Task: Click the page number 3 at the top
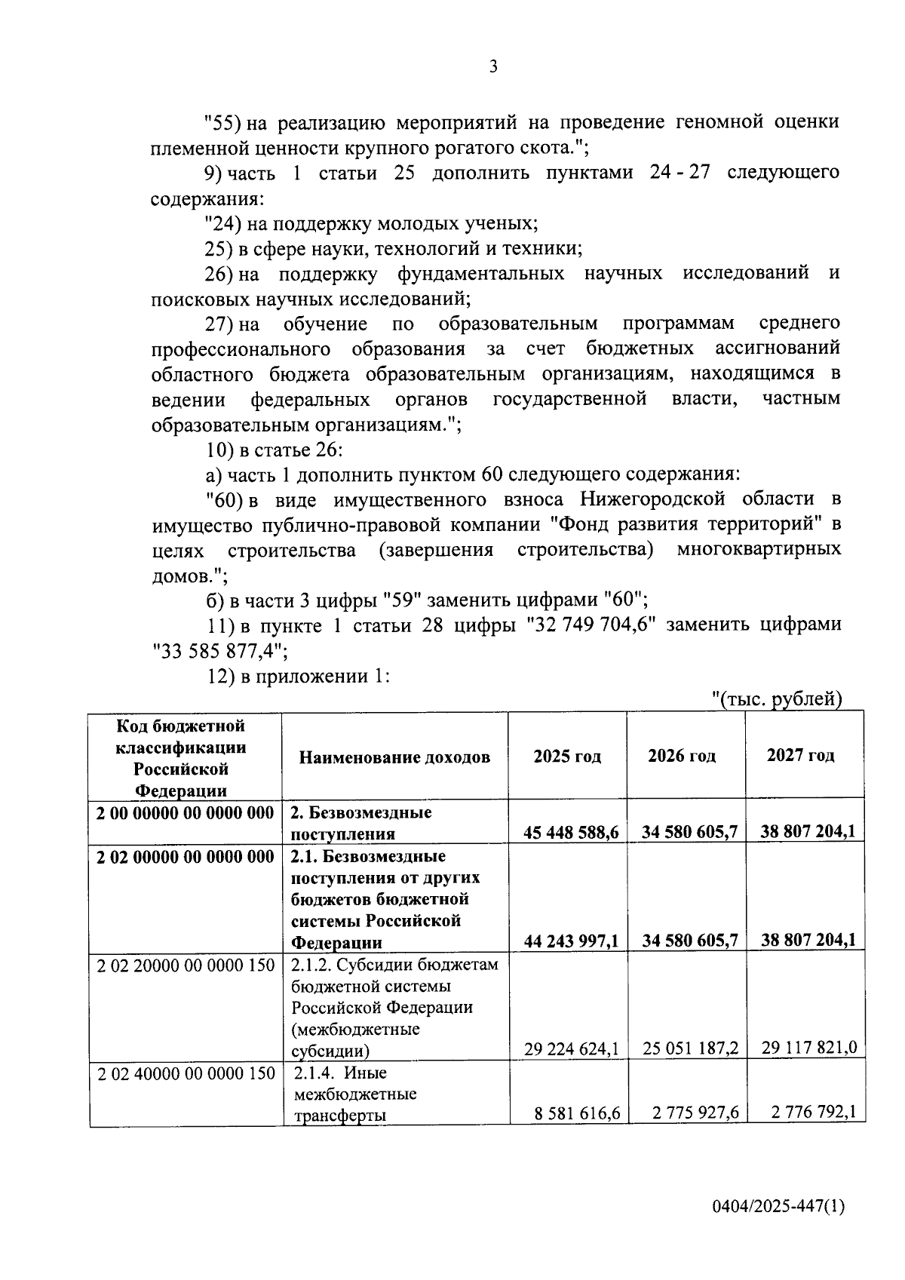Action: [x=493, y=67]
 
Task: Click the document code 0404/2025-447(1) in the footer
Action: [x=778, y=1206]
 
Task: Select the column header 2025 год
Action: [x=567, y=757]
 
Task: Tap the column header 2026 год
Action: [x=682, y=756]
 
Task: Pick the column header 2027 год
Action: [x=800, y=755]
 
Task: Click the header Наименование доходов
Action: [x=394, y=757]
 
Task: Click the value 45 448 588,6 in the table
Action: [x=571, y=832]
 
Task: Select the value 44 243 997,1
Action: [x=571, y=941]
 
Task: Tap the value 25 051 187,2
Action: [x=690, y=1048]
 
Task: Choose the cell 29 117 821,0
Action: [x=808, y=1048]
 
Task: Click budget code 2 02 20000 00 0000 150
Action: [x=186, y=965]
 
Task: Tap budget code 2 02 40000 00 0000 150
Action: [x=186, y=1073]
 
